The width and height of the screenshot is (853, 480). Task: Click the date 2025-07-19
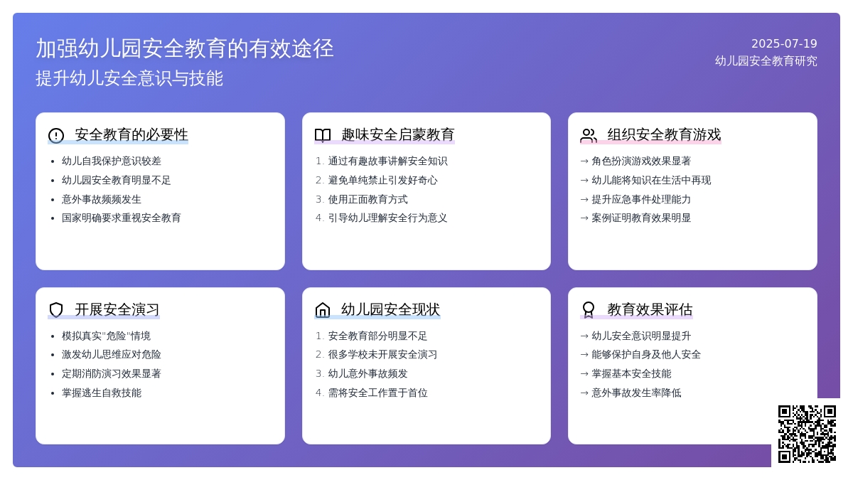pyautogui.click(x=784, y=44)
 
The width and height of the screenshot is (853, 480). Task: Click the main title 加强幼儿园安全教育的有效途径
pyautogui.click(x=185, y=48)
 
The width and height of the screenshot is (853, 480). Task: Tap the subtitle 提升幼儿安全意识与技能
pyautogui.click(x=129, y=78)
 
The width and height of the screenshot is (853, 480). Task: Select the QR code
pyautogui.click(x=807, y=434)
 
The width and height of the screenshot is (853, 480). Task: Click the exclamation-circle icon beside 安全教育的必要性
pyautogui.click(x=56, y=135)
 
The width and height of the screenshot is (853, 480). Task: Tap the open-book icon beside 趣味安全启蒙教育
pyautogui.click(x=323, y=135)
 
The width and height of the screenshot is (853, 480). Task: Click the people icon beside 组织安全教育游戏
pyautogui.click(x=589, y=135)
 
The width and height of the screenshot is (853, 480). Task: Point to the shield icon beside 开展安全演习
pyautogui.click(x=56, y=310)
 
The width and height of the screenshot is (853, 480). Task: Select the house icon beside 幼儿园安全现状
pyautogui.click(x=323, y=310)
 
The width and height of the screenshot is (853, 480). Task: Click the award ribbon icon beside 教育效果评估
pyautogui.click(x=589, y=310)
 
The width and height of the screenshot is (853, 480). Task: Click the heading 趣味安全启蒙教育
pyautogui.click(x=398, y=135)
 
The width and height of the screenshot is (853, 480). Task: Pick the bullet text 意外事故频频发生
pyautogui.click(x=102, y=199)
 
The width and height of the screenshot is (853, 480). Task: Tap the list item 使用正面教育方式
pyautogui.click(x=368, y=199)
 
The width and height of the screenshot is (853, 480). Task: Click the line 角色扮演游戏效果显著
pyautogui.click(x=641, y=161)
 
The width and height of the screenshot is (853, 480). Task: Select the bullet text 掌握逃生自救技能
pyautogui.click(x=102, y=393)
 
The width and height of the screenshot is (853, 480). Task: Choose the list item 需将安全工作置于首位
pyautogui.click(x=377, y=393)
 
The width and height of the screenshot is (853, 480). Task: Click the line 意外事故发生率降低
pyautogui.click(x=636, y=393)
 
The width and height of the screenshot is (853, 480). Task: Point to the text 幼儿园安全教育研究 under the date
pyautogui.click(x=766, y=61)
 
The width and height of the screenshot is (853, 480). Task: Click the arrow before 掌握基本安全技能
pyautogui.click(x=584, y=374)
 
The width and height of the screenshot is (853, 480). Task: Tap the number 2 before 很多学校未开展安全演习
pyautogui.click(x=319, y=355)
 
